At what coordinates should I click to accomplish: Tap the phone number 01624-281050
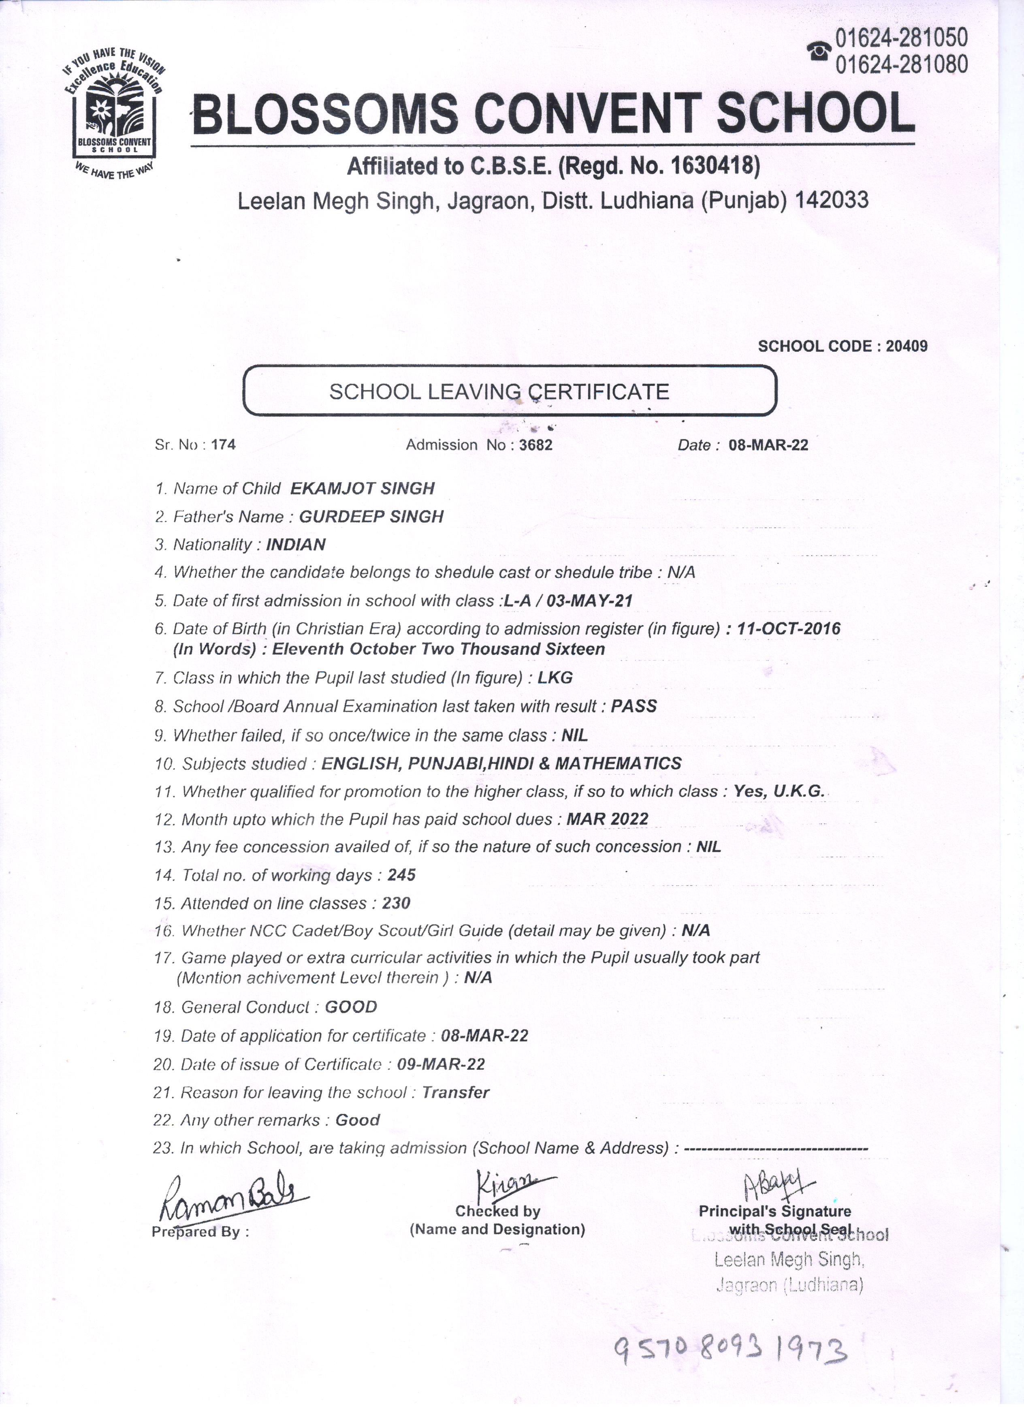coord(901,38)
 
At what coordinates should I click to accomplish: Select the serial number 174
coord(224,445)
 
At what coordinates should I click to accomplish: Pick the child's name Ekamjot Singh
coord(362,489)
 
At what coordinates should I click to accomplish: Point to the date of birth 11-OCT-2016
coord(789,628)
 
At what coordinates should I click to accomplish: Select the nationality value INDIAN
coord(296,545)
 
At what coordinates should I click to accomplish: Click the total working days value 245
coord(401,875)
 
